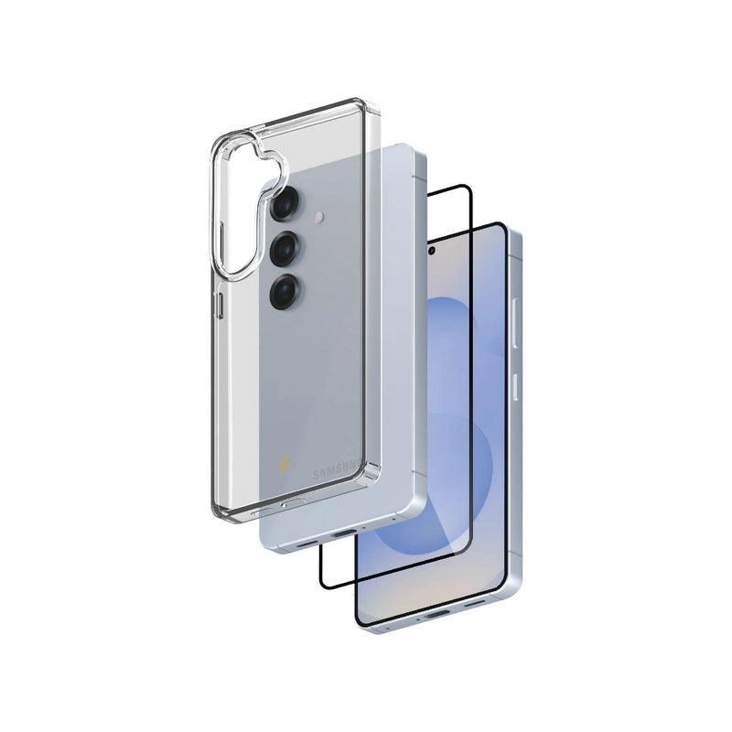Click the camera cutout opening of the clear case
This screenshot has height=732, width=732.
click(240, 207)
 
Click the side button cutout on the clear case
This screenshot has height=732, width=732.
click(217, 307)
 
